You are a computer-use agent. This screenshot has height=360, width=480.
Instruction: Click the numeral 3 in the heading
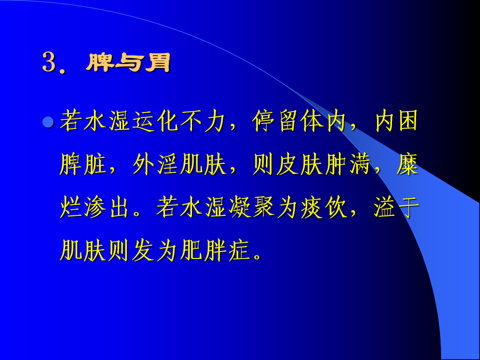point(48,62)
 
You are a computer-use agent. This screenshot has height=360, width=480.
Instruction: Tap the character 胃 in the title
point(157,62)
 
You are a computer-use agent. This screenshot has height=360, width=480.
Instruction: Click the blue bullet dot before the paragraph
point(48,123)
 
